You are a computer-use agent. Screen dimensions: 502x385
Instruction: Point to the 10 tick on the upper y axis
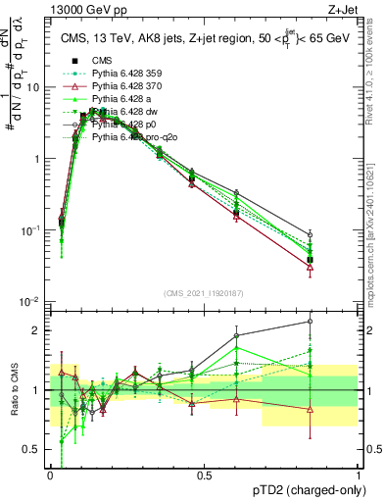[33, 87]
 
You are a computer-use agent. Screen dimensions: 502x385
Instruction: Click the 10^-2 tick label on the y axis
[30, 301]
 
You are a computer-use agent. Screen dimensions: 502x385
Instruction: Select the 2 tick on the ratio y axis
[37, 330]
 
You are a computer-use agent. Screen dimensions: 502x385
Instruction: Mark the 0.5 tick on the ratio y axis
[32, 450]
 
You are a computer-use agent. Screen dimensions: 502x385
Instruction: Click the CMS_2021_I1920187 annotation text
[202, 292]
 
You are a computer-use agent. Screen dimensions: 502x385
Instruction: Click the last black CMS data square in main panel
[310, 260]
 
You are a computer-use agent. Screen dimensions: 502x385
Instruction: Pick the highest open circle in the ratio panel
[310, 321]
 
